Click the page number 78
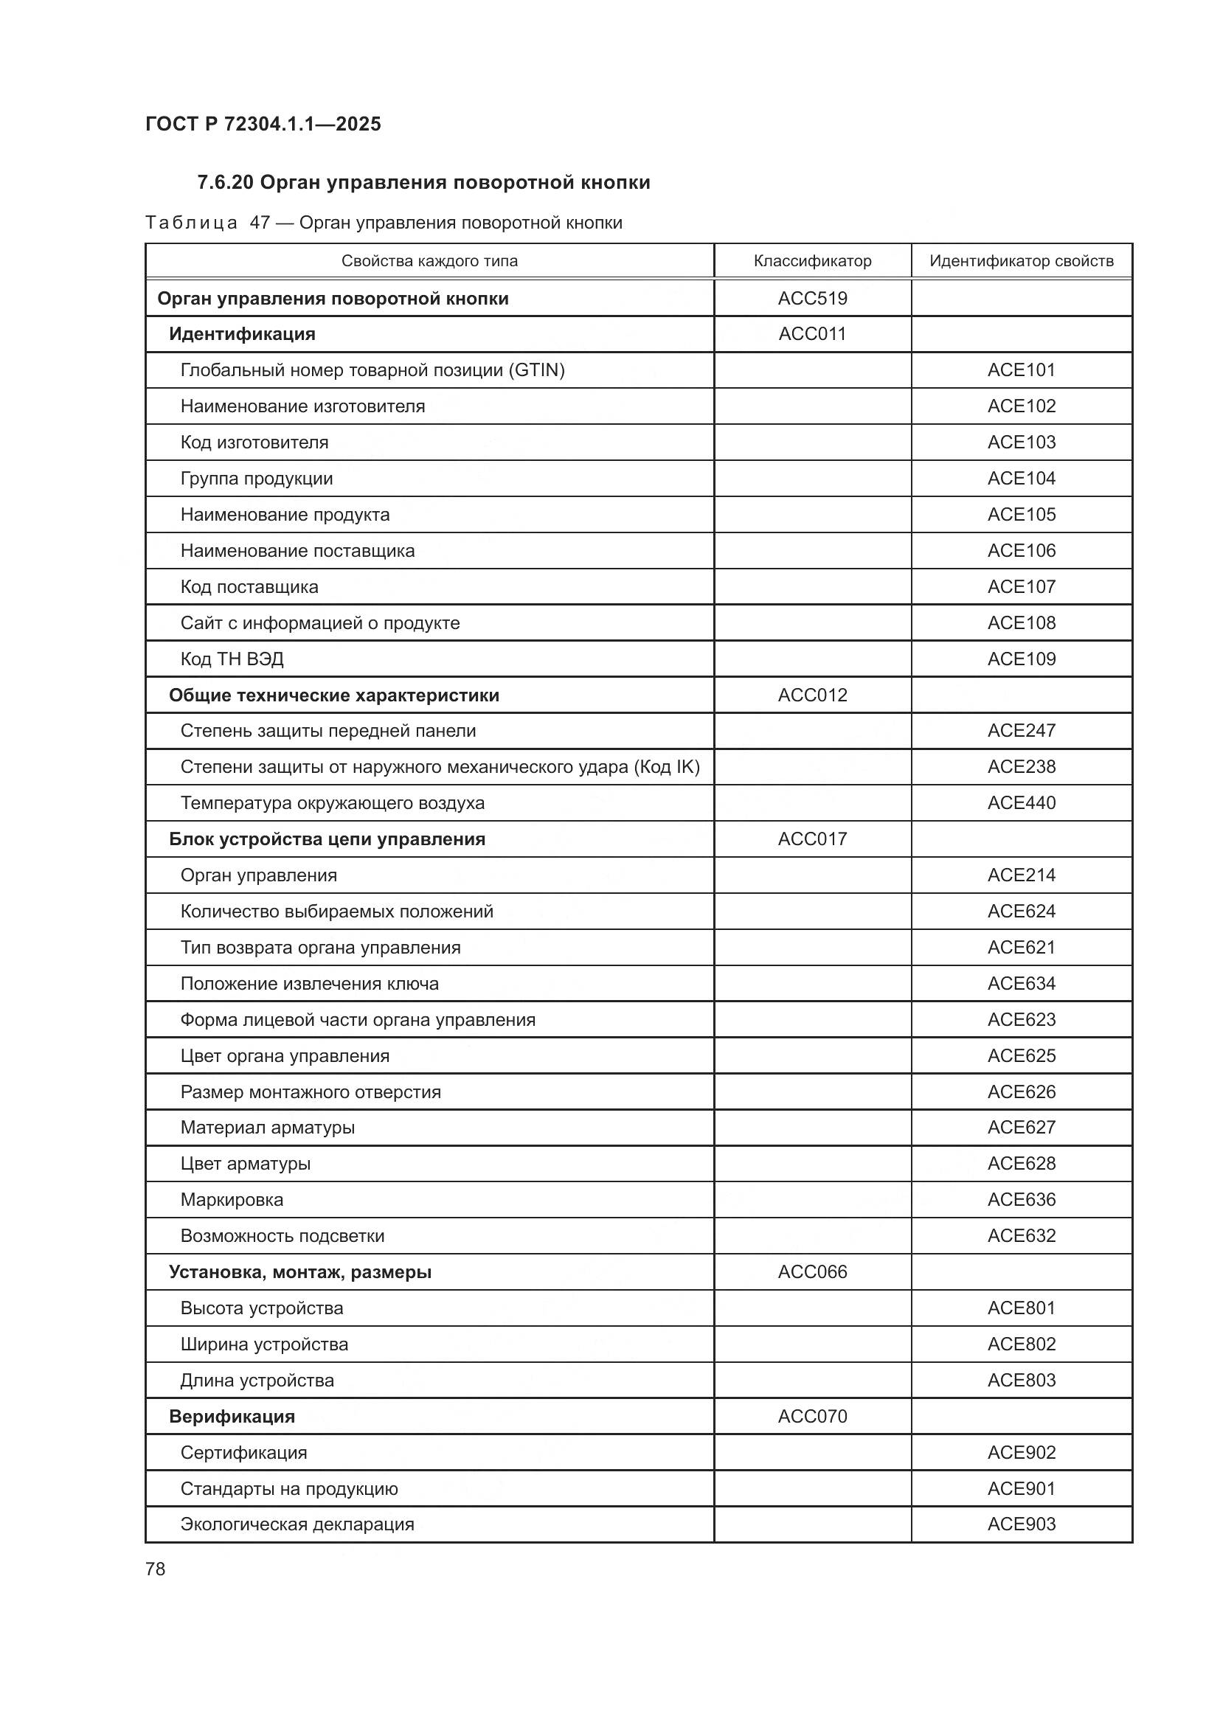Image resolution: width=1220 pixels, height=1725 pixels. coord(156,1569)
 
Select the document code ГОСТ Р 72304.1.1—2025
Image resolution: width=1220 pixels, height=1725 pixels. coord(263,124)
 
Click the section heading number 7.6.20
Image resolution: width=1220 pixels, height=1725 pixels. coord(226,183)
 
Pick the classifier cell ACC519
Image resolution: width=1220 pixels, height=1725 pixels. coord(812,298)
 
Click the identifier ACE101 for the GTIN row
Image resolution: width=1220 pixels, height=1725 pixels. coord(1021,369)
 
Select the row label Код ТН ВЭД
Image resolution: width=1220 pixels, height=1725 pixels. coord(232,659)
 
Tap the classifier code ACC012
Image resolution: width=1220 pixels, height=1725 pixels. coord(812,695)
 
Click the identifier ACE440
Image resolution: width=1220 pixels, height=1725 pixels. coord(1021,802)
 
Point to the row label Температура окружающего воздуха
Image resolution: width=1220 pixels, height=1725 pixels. coord(332,802)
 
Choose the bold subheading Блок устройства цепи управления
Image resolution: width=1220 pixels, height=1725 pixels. coord(327,839)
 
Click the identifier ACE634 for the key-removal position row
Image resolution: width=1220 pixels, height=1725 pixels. coord(1021,984)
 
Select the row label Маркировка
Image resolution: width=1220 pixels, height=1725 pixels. coord(232,1200)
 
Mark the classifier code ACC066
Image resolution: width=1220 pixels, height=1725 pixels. coord(812,1272)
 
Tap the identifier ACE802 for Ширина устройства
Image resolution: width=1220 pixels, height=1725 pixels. coord(1021,1344)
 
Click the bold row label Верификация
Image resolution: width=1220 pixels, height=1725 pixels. coord(232,1416)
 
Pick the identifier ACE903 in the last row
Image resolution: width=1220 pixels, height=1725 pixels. coord(1021,1524)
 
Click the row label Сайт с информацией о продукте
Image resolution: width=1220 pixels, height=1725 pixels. coord(320,623)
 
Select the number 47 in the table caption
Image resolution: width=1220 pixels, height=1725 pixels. coord(260,223)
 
